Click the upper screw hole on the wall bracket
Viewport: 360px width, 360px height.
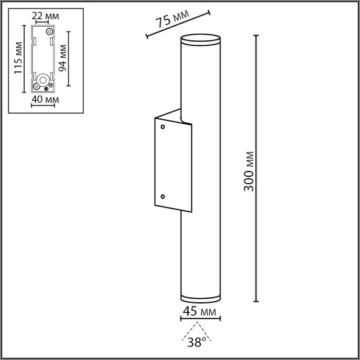click(x=163, y=127)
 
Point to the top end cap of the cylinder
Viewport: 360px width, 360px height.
click(x=199, y=40)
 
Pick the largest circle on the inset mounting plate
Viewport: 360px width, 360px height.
click(x=42, y=80)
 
